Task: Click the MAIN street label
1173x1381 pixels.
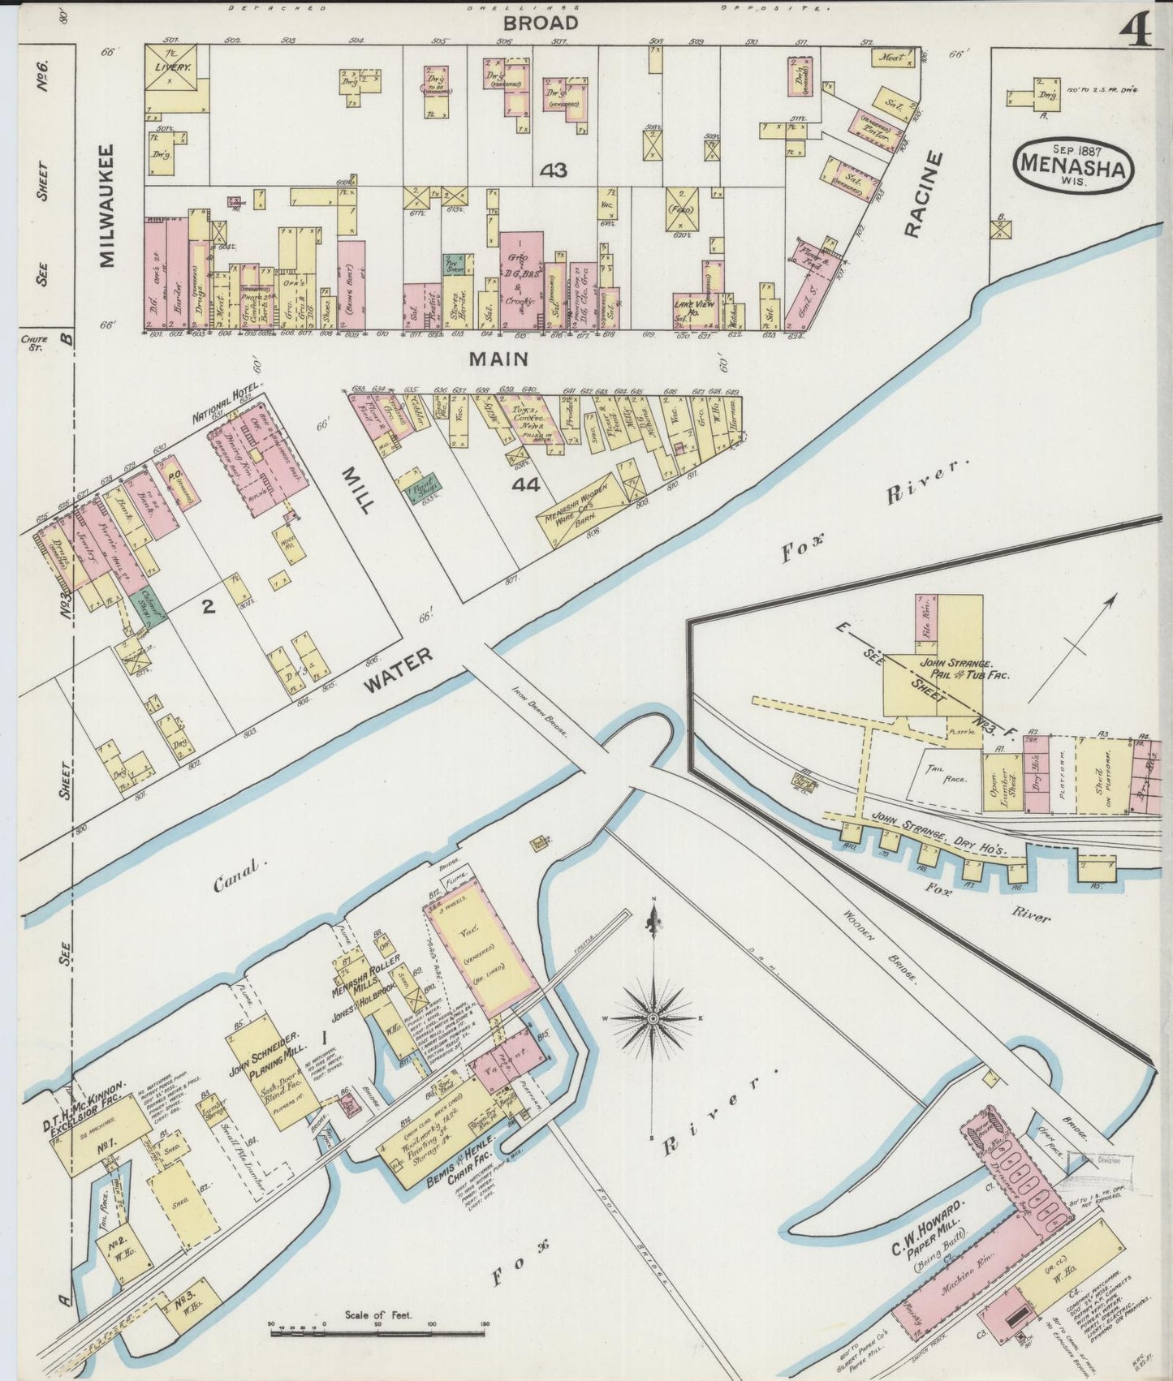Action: [498, 358]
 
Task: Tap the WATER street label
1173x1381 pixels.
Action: [399, 670]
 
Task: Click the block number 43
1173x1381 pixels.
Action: [558, 170]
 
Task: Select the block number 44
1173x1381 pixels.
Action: [526, 485]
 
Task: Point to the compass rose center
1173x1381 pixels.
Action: [653, 1017]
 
